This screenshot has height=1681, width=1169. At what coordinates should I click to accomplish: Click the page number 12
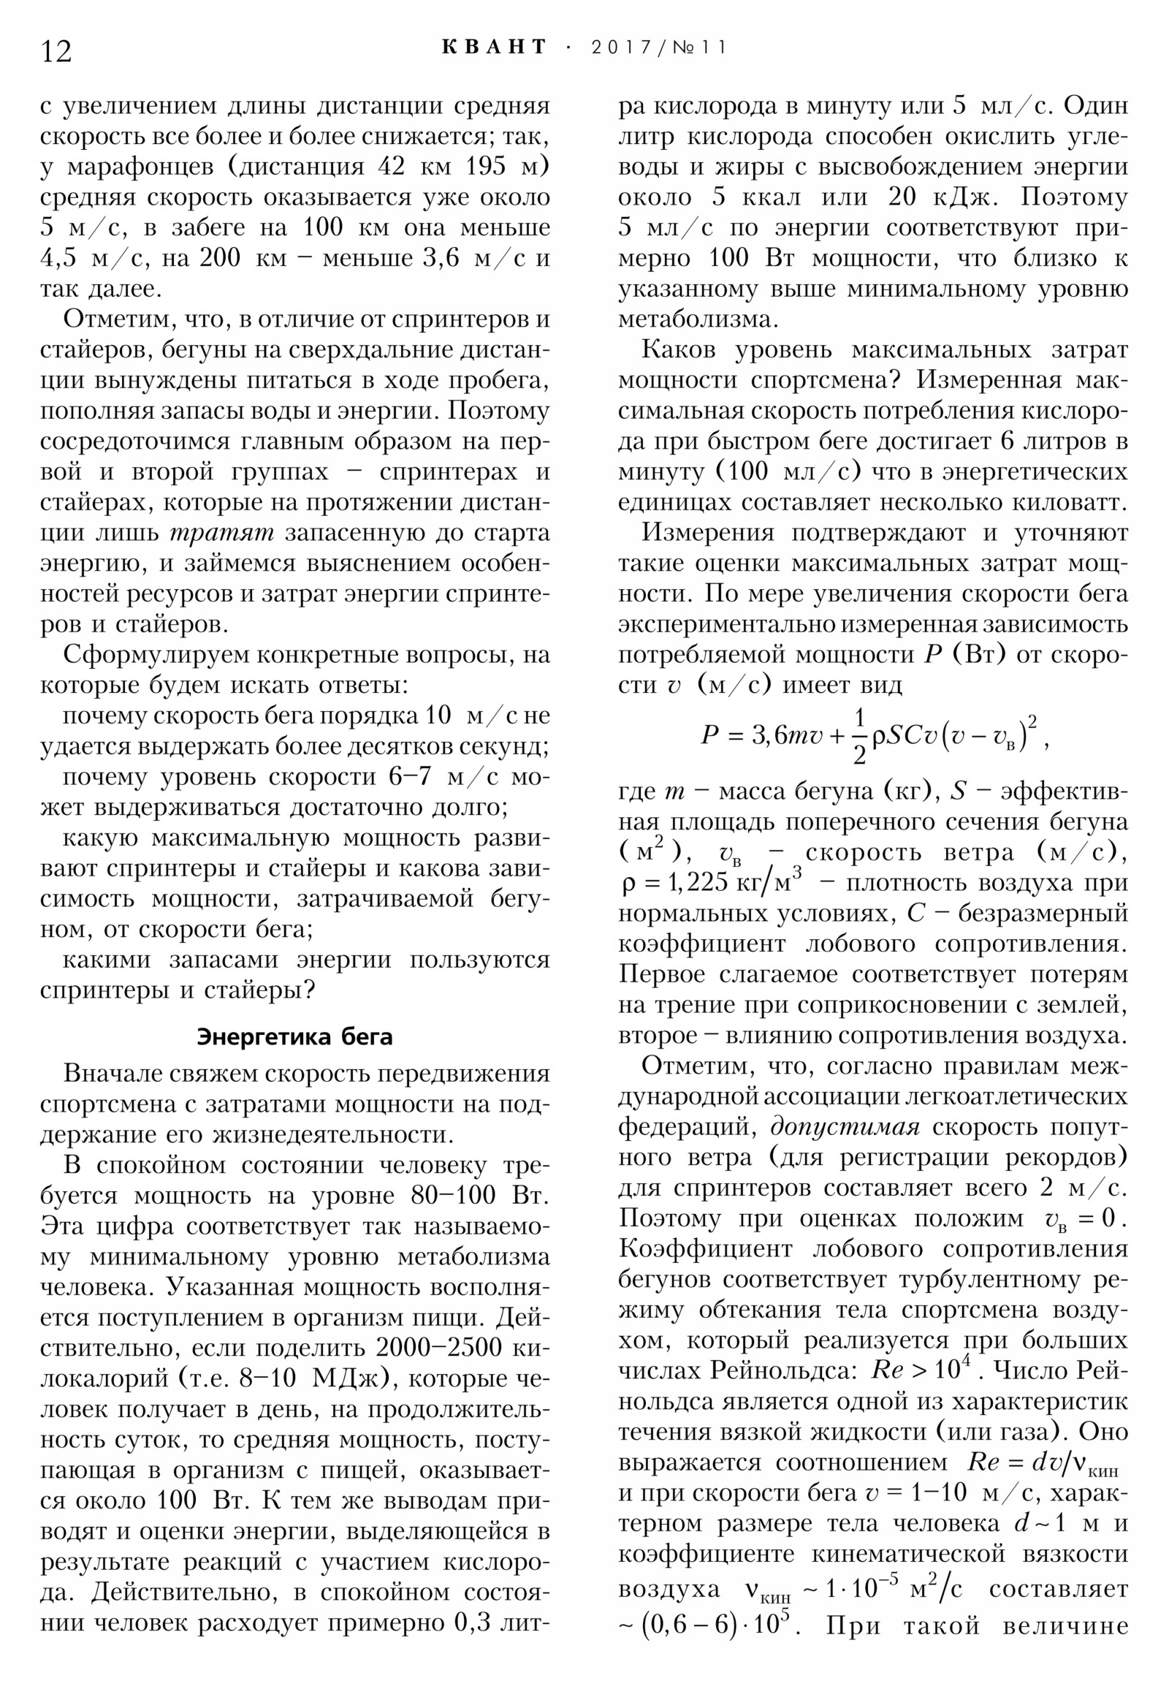(56, 52)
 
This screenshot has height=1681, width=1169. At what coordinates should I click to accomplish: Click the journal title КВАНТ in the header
(494, 48)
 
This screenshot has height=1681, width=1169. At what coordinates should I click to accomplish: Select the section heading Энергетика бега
(294, 1036)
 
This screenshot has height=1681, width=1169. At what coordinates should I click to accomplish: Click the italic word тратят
(221, 533)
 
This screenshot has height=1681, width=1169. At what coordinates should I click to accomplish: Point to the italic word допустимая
(845, 1127)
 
